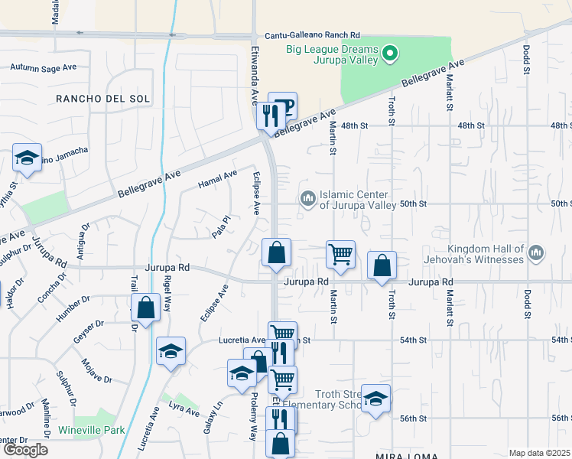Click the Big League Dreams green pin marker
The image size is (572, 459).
pos(390,54)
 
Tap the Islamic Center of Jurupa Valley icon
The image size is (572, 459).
pos(308,199)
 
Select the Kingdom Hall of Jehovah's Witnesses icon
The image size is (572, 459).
pos(535,252)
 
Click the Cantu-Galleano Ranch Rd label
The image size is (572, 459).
pos(312,35)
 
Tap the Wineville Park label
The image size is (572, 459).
pos(97,431)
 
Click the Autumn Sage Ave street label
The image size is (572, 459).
pos(43,67)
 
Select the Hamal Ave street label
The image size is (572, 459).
pos(217,181)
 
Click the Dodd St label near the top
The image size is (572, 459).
pos(527,58)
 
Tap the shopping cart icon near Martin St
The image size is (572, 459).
pos(340,254)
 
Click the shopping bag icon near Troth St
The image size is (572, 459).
pos(382,265)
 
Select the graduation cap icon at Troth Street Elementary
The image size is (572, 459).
pos(375,399)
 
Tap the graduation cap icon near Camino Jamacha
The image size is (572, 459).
pos(27,159)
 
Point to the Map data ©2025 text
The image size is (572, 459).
pos(540,453)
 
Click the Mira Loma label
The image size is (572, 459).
pos(406,455)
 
